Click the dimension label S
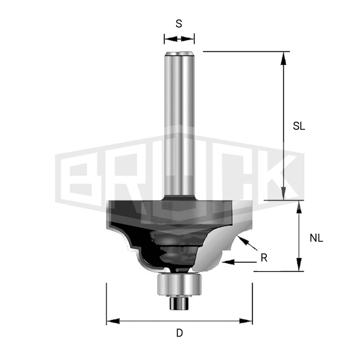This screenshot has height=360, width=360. click(x=179, y=24)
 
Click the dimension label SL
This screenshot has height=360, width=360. click(x=299, y=126)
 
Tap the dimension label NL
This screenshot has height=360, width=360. click(x=316, y=238)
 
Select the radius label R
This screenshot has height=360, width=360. click(x=264, y=258)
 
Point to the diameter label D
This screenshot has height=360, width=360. click(x=180, y=333)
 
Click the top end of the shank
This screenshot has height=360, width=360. click(x=179, y=54)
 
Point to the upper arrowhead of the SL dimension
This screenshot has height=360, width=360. click(x=284, y=58)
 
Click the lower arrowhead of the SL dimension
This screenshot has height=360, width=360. click(x=284, y=193)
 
